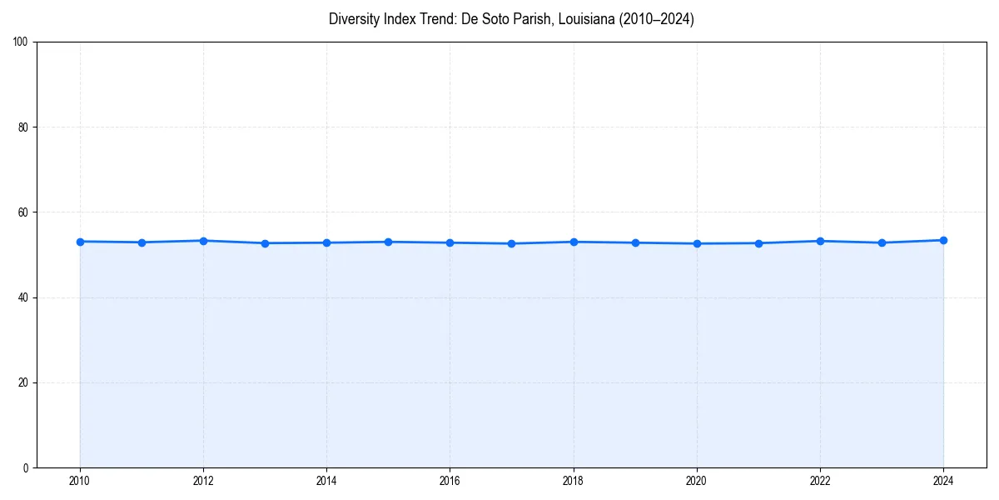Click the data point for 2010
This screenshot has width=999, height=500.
[x=80, y=242]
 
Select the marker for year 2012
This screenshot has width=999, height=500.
[x=203, y=241]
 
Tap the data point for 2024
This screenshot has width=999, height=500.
[x=943, y=240]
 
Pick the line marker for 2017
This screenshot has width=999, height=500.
[x=511, y=243]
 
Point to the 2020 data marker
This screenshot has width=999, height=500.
[x=697, y=243]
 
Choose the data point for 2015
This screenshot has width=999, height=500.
[x=388, y=242]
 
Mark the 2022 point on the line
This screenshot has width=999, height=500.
[x=820, y=241]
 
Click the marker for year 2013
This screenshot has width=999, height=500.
[x=265, y=243]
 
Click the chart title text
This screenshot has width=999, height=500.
[x=511, y=19]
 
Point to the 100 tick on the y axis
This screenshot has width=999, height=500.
[x=21, y=42]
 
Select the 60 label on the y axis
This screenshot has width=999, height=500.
[x=23, y=212]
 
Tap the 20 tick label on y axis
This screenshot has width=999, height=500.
[x=23, y=382]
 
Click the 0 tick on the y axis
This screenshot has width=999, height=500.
[x=26, y=467]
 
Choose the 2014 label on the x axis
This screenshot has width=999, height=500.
[x=326, y=481]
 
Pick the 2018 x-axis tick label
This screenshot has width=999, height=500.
[x=573, y=481]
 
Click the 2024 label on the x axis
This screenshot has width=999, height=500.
[x=943, y=481]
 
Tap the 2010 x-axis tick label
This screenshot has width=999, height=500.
[x=80, y=481]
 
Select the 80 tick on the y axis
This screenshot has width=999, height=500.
[x=23, y=127]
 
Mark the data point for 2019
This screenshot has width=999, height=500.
[x=635, y=242]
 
